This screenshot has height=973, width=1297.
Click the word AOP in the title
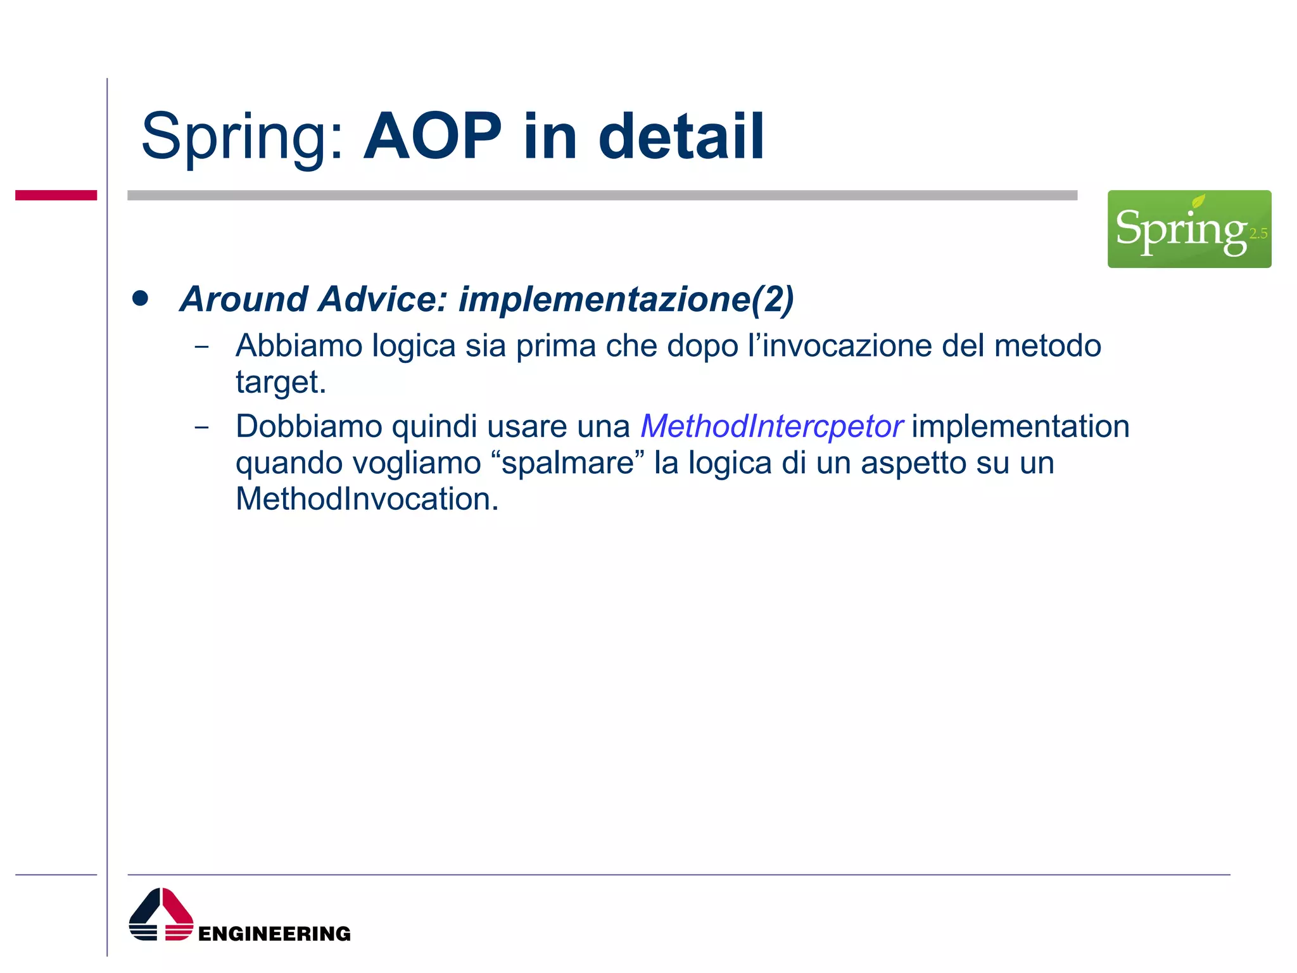[433, 137]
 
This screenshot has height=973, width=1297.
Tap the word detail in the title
[681, 137]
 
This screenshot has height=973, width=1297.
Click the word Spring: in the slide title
[243, 137]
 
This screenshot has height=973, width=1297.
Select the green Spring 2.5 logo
[1189, 229]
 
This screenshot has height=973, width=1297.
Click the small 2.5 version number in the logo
[1258, 234]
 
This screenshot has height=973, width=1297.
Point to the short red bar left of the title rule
[56, 195]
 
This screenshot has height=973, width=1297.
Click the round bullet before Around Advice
[140, 298]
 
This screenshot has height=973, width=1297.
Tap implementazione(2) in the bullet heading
[626, 299]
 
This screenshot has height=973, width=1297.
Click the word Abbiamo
[298, 346]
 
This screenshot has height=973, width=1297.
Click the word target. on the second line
[281, 382]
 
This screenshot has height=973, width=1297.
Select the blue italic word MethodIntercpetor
[771, 426]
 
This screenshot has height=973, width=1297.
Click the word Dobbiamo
[308, 426]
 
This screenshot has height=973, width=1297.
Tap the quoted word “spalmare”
[567, 463]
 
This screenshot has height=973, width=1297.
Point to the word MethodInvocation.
[367, 499]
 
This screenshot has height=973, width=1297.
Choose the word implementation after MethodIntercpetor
[1020, 426]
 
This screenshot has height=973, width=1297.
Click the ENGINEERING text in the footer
[274, 933]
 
